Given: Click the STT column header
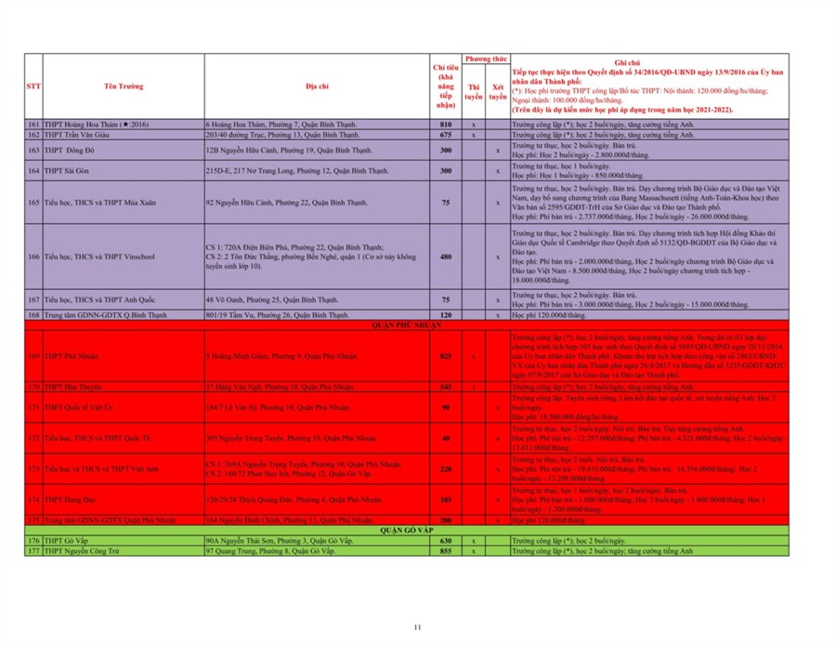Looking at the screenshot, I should coord(33,86).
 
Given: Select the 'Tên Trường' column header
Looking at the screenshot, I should coord(123,86).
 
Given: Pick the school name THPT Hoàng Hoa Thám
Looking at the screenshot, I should coord(98,124).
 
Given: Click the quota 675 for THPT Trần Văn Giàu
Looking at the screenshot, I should coord(446,135).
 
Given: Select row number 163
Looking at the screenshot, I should coord(33,150).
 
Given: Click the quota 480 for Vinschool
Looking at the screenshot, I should coord(446,257).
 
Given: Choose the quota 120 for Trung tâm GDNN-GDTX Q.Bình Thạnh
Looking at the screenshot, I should coord(446,315).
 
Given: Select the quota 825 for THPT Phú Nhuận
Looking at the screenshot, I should coord(446,356).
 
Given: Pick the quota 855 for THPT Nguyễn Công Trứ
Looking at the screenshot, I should coord(446,551).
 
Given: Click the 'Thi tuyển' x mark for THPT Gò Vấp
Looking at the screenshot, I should coord(474,540).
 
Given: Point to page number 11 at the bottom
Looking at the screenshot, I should coord(418,626).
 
